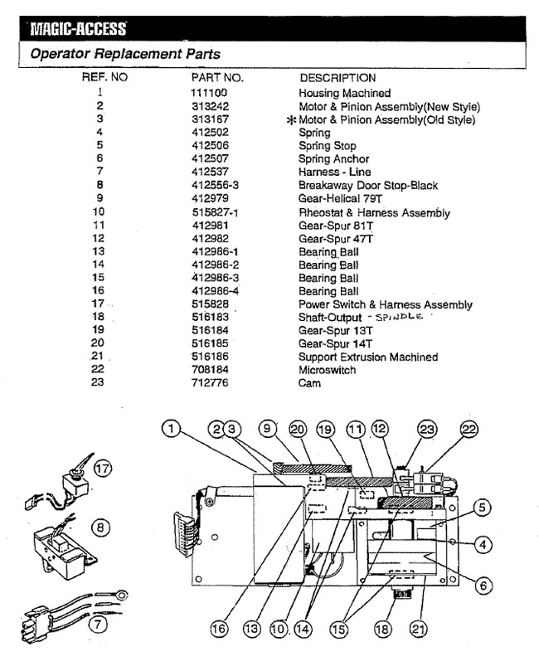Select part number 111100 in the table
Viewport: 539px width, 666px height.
[x=208, y=94]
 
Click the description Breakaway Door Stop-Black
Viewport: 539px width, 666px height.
[x=367, y=186]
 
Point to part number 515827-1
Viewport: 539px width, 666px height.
[x=213, y=212]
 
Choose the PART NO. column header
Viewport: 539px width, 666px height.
[x=216, y=78]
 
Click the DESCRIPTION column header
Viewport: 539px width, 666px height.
[x=337, y=78]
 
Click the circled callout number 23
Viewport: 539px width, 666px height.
[x=427, y=429]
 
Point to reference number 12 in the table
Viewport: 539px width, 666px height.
[x=100, y=239]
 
